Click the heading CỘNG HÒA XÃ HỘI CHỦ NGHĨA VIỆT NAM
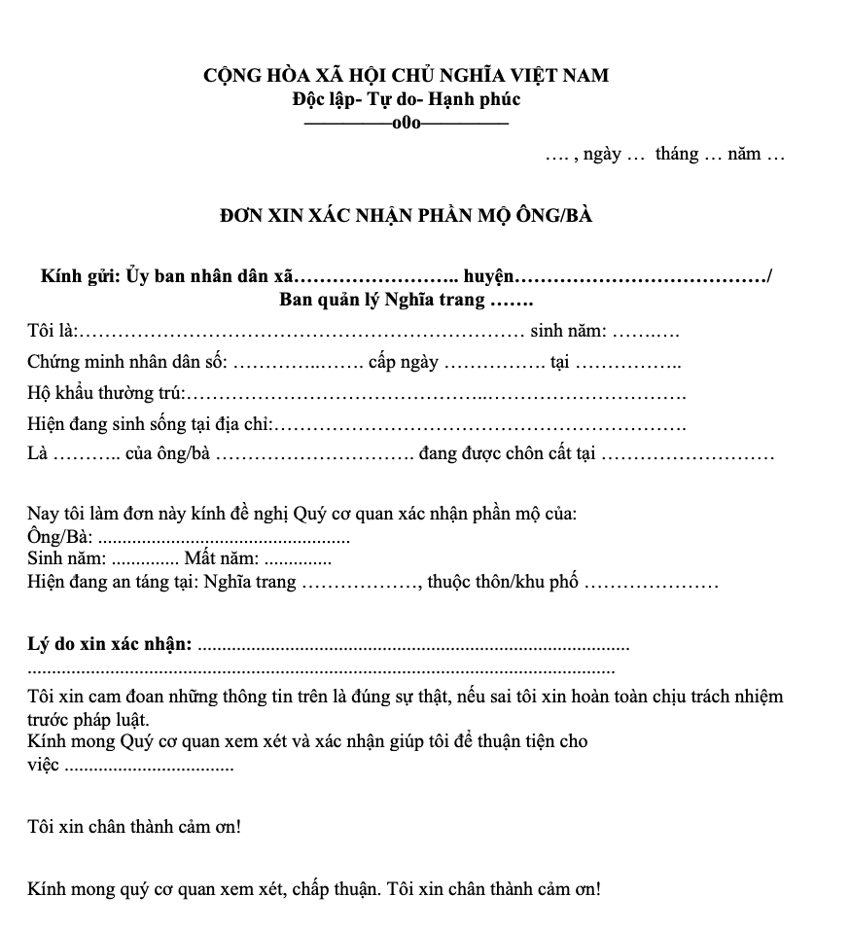407,75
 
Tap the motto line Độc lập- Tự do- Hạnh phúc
407,98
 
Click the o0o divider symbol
407,123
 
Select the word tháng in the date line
677,154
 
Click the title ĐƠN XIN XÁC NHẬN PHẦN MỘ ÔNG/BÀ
407,215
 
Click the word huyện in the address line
489,276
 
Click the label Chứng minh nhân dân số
127,363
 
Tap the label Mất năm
222,558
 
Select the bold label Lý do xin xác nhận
111,644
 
